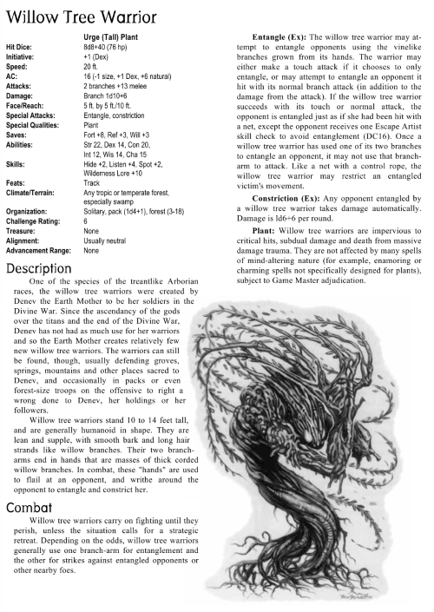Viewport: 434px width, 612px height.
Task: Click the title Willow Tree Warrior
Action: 82,16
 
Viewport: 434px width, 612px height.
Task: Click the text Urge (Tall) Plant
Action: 116,37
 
